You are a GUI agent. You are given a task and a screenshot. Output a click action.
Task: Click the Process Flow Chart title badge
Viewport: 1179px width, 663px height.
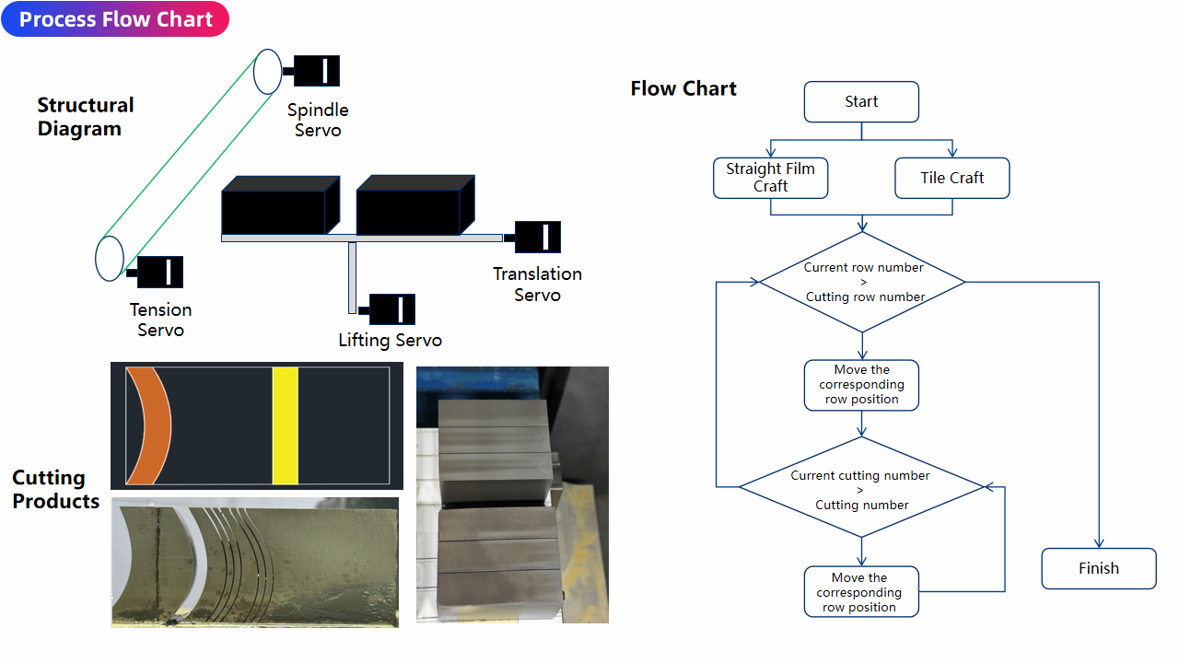[x=115, y=19]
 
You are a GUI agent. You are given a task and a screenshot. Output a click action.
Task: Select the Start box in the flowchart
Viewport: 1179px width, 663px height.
[x=861, y=102]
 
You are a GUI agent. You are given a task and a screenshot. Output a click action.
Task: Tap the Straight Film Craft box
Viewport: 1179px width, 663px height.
[x=770, y=178]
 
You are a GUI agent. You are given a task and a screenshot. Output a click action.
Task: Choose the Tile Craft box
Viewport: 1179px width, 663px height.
[x=951, y=178]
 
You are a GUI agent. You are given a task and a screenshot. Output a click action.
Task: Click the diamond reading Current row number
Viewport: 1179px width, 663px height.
[x=862, y=282]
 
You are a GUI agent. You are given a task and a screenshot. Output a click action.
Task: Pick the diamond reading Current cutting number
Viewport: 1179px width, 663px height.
[x=862, y=487]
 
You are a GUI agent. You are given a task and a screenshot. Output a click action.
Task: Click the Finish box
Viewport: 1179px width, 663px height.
[x=1098, y=568]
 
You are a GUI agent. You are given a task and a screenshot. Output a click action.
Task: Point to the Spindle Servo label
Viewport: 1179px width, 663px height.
[x=318, y=121]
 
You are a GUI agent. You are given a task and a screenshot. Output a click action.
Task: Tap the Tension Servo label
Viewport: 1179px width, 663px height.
[x=161, y=320]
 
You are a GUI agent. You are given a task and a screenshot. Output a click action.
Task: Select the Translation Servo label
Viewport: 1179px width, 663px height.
[x=537, y=285]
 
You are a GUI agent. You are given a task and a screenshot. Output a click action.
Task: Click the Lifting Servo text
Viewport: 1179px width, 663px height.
[x=390, y=341]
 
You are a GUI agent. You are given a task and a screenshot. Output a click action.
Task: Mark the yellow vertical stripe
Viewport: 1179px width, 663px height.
[x=286, y=425]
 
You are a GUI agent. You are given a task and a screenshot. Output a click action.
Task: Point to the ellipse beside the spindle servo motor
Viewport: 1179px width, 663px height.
[x=267, y=72]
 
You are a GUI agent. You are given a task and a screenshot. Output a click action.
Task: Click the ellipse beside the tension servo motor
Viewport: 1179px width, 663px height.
[x=110, y=259]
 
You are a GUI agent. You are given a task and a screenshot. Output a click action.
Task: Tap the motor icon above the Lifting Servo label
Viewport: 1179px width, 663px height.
[x=391, y=309]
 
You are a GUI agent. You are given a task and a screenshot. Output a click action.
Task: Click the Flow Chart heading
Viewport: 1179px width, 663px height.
[x=683, y=88]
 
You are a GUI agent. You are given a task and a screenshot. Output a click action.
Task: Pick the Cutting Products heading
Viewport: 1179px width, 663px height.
[x=55, y=490]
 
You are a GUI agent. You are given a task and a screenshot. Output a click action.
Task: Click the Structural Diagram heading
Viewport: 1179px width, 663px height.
[x=85, y=117]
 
